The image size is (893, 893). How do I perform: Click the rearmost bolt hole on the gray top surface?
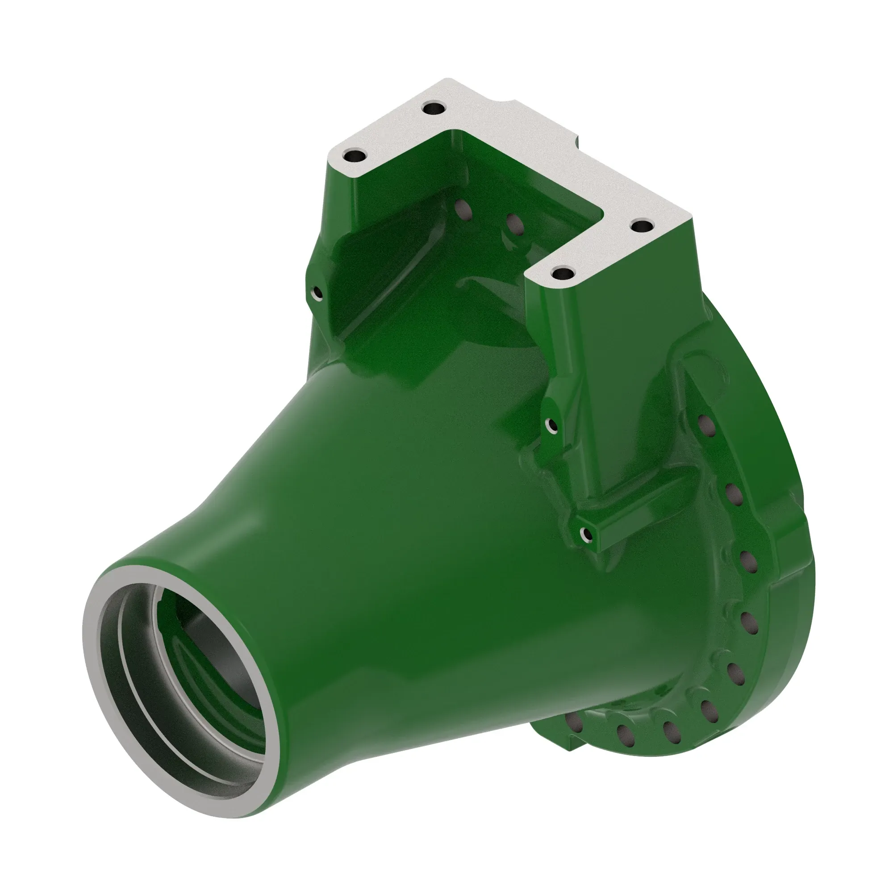tap(434, 109)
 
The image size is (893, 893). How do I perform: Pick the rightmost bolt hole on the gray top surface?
tap(642, 226)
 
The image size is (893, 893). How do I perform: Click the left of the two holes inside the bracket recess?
tap(462, 210)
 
